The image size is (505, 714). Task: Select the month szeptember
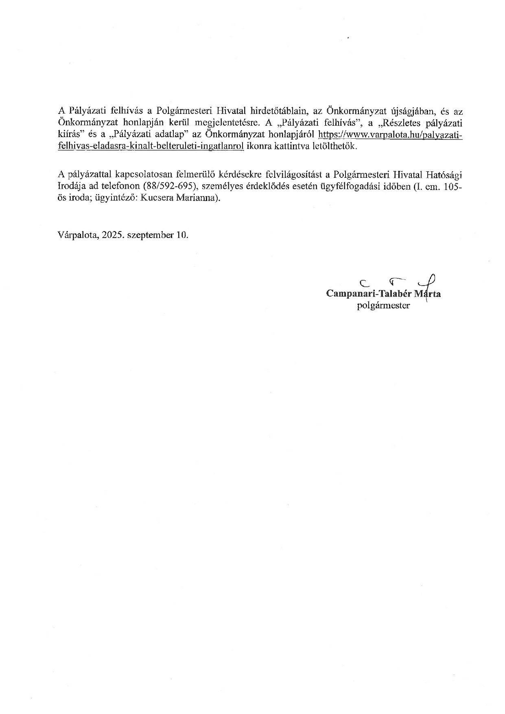(150, 235)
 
